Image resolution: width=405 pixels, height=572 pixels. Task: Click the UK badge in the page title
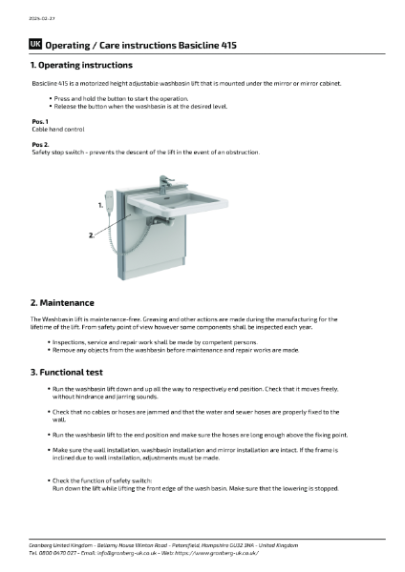[35, 44]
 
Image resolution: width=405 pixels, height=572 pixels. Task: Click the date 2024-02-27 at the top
[40, 16]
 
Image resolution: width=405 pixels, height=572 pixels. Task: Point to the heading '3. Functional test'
[70, 371]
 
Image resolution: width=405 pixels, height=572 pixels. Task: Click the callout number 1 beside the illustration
[99, 204]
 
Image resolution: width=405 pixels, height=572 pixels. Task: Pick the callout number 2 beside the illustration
[92, 234]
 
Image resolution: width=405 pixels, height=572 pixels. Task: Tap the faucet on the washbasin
[164, 181]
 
